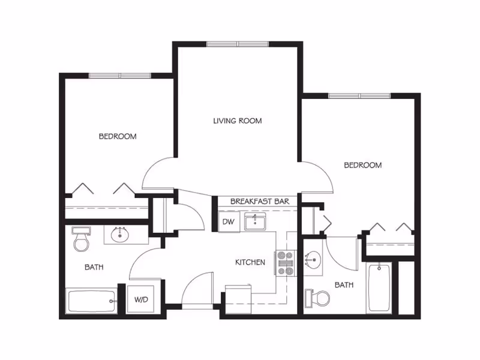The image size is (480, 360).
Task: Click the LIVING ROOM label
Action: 238,121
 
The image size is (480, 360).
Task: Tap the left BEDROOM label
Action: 118,136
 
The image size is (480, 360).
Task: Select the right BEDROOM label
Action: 363,166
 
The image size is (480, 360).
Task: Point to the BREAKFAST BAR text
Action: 260,202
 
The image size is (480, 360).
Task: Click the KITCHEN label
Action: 250,262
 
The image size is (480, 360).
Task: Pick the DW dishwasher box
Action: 229,221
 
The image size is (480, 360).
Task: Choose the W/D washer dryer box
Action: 141,299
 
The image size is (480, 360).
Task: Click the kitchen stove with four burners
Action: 285,263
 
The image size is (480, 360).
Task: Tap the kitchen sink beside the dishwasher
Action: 254,221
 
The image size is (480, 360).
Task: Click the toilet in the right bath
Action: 318,298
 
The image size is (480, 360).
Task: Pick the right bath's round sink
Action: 313,260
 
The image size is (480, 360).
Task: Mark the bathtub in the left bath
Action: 92,301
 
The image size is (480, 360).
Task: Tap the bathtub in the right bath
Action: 379,288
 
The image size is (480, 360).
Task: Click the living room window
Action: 238,44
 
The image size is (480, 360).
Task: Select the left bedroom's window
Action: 120,76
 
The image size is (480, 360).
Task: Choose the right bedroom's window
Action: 359,96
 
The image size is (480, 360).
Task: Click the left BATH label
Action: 94,267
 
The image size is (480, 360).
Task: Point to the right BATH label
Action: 344,285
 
